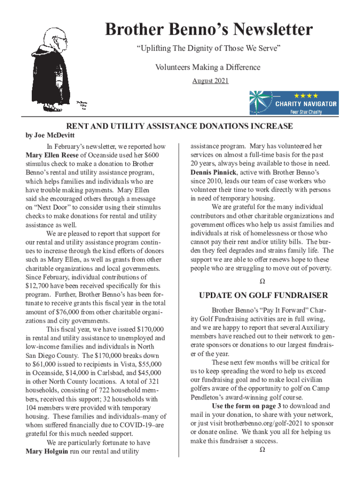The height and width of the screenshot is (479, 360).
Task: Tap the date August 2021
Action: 210,81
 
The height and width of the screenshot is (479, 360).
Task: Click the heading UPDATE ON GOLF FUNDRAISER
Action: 263,296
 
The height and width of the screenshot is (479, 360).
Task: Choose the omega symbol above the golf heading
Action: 262,281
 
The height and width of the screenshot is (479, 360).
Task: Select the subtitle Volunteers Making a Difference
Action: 208,67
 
